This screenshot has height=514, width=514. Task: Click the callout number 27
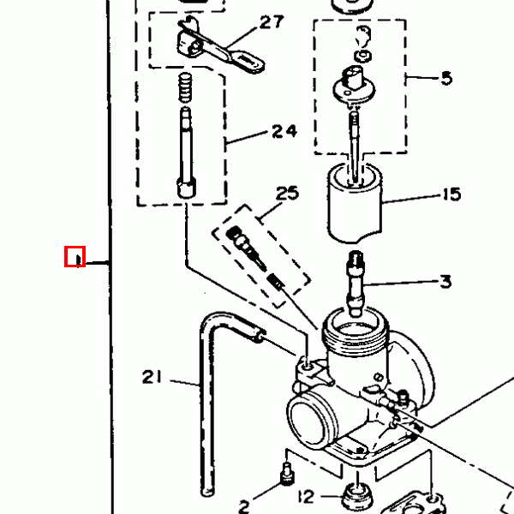(x=272, y=22)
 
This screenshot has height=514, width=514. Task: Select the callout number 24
(x=284, y=131)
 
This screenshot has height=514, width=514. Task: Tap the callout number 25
(x=287, y=193)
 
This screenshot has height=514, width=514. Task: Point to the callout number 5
(x=446, y=78)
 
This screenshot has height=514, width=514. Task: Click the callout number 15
(x=452, y=194)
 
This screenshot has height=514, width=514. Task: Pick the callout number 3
(x=445, y=282)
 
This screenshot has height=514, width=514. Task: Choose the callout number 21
(x=152, y=377)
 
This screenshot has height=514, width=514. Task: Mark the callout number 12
(x=306, y=497)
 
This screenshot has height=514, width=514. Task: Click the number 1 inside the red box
(x=78, y=260)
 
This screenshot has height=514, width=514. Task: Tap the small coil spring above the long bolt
(x=185, y=87)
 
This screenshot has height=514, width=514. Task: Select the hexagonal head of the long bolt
(x=187, y=188)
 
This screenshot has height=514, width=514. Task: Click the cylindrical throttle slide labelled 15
(x=355, y=203)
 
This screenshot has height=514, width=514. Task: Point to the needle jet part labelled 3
(x=356, y=284)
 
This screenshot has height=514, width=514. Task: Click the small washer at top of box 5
(x=363, y=56)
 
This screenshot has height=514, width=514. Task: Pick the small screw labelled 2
(x=287, y=474)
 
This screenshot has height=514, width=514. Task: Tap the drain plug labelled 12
(x=357, y=499)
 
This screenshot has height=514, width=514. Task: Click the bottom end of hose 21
(x=207, y=492)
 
